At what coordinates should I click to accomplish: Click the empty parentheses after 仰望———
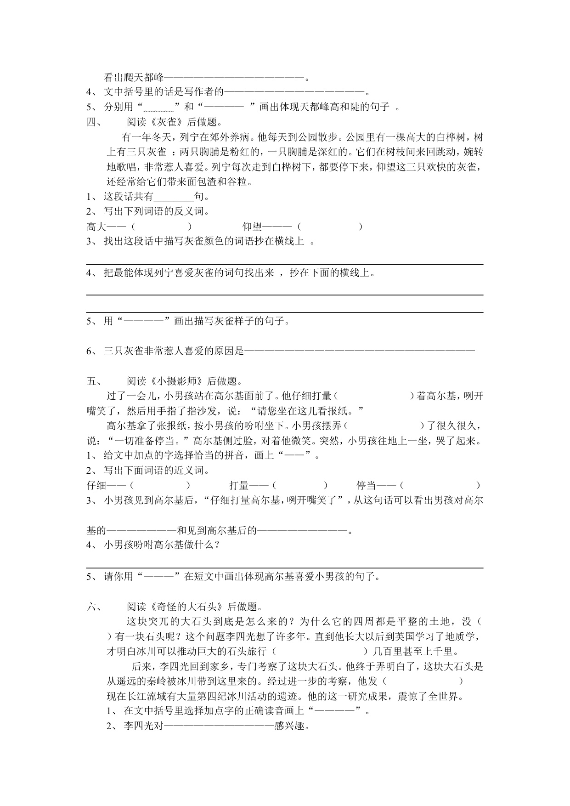click(329, 227)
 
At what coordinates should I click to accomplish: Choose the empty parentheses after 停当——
click(440, 486)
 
